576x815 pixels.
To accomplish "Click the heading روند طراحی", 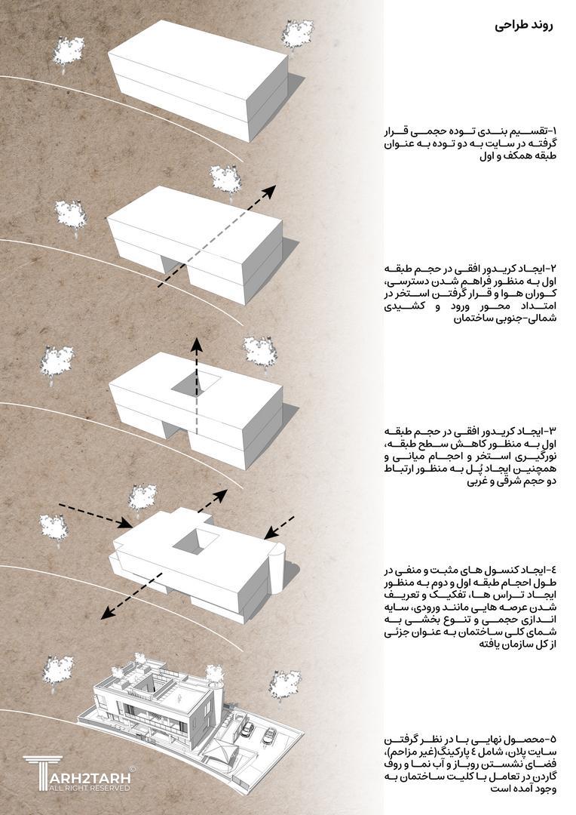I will coord(522,24).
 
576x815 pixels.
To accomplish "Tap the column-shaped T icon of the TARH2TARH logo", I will coord(38,772).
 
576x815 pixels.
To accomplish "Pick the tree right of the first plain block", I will coord(297,35).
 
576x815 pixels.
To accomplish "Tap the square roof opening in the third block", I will coord(196,385).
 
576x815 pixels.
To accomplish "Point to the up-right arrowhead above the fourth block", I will coord(222,494).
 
